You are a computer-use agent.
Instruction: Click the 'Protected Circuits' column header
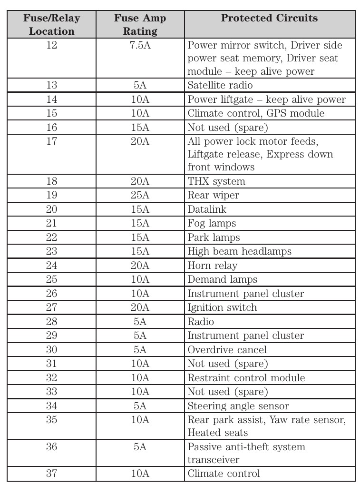[269, 19]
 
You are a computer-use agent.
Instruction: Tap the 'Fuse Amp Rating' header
[140, 25]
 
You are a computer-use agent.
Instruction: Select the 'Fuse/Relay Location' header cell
[52, 25]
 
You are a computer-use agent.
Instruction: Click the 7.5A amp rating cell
[140, 45]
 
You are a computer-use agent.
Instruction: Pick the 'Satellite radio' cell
[220, 85]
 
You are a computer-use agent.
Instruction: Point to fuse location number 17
[52, 142]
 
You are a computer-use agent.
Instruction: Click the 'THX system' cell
[216, 181]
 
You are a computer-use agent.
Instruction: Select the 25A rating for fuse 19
[140, 195]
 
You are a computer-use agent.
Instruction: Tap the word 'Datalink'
[207, 209]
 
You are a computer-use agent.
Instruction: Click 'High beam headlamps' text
[239, 251]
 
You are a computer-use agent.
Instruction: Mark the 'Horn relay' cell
[212, 266]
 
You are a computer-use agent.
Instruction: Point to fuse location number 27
[52, 307]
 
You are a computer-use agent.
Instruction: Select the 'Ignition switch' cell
[222, 307]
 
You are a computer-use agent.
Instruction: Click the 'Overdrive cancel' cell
[227, 350]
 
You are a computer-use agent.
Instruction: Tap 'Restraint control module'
[246, 378]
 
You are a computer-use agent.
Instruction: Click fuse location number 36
[52, 447]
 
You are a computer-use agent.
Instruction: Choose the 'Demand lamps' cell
[222, 279]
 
